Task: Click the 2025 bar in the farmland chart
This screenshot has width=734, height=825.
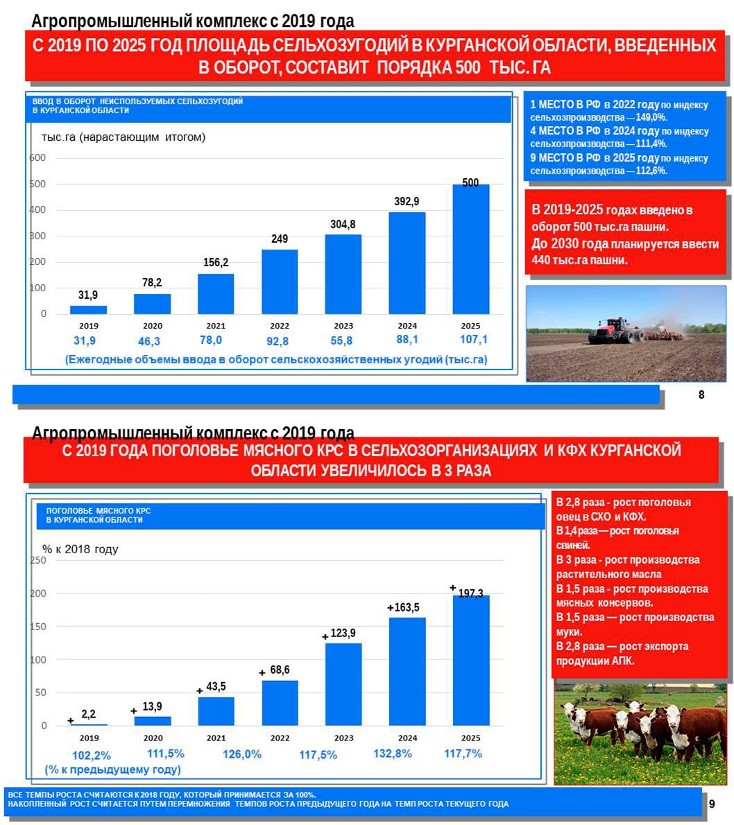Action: [470, 250]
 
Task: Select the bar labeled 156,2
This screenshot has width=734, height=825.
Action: [216, 294]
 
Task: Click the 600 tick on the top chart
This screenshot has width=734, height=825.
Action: [38, 158]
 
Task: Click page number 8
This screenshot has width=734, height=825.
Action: [701, 394]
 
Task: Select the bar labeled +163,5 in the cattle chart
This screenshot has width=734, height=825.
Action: [407, 671]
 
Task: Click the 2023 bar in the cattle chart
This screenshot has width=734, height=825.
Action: [343, 684]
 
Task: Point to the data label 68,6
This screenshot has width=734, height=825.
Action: [280, 670]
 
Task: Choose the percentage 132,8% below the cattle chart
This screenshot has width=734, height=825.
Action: [393, 754]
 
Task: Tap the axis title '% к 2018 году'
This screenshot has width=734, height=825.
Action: [80, 549]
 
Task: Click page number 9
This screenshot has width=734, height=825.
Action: [712, 804]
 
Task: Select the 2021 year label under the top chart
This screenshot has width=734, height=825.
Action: [216, 326]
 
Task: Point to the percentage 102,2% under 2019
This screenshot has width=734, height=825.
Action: [92, 755]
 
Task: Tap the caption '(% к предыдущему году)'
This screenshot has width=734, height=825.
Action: [113, 770]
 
